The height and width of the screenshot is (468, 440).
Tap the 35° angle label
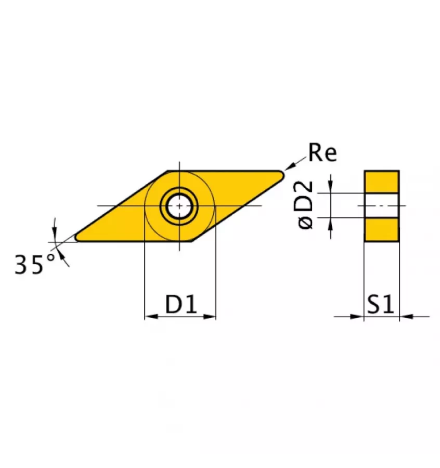tap(34, 265)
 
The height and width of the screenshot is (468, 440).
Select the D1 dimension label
tap(181, 304)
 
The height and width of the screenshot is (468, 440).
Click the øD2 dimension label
tap(307, 204)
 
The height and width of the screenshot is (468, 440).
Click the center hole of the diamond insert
tap(179, 206)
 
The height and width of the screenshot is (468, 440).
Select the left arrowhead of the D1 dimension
tap(150, 316)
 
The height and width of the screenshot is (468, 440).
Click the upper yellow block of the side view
tap(381, 181)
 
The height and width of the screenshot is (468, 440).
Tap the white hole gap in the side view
tap(381, 205)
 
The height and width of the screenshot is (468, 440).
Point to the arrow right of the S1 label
tap(405, 316)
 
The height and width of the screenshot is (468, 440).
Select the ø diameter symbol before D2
tap(307, 222)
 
